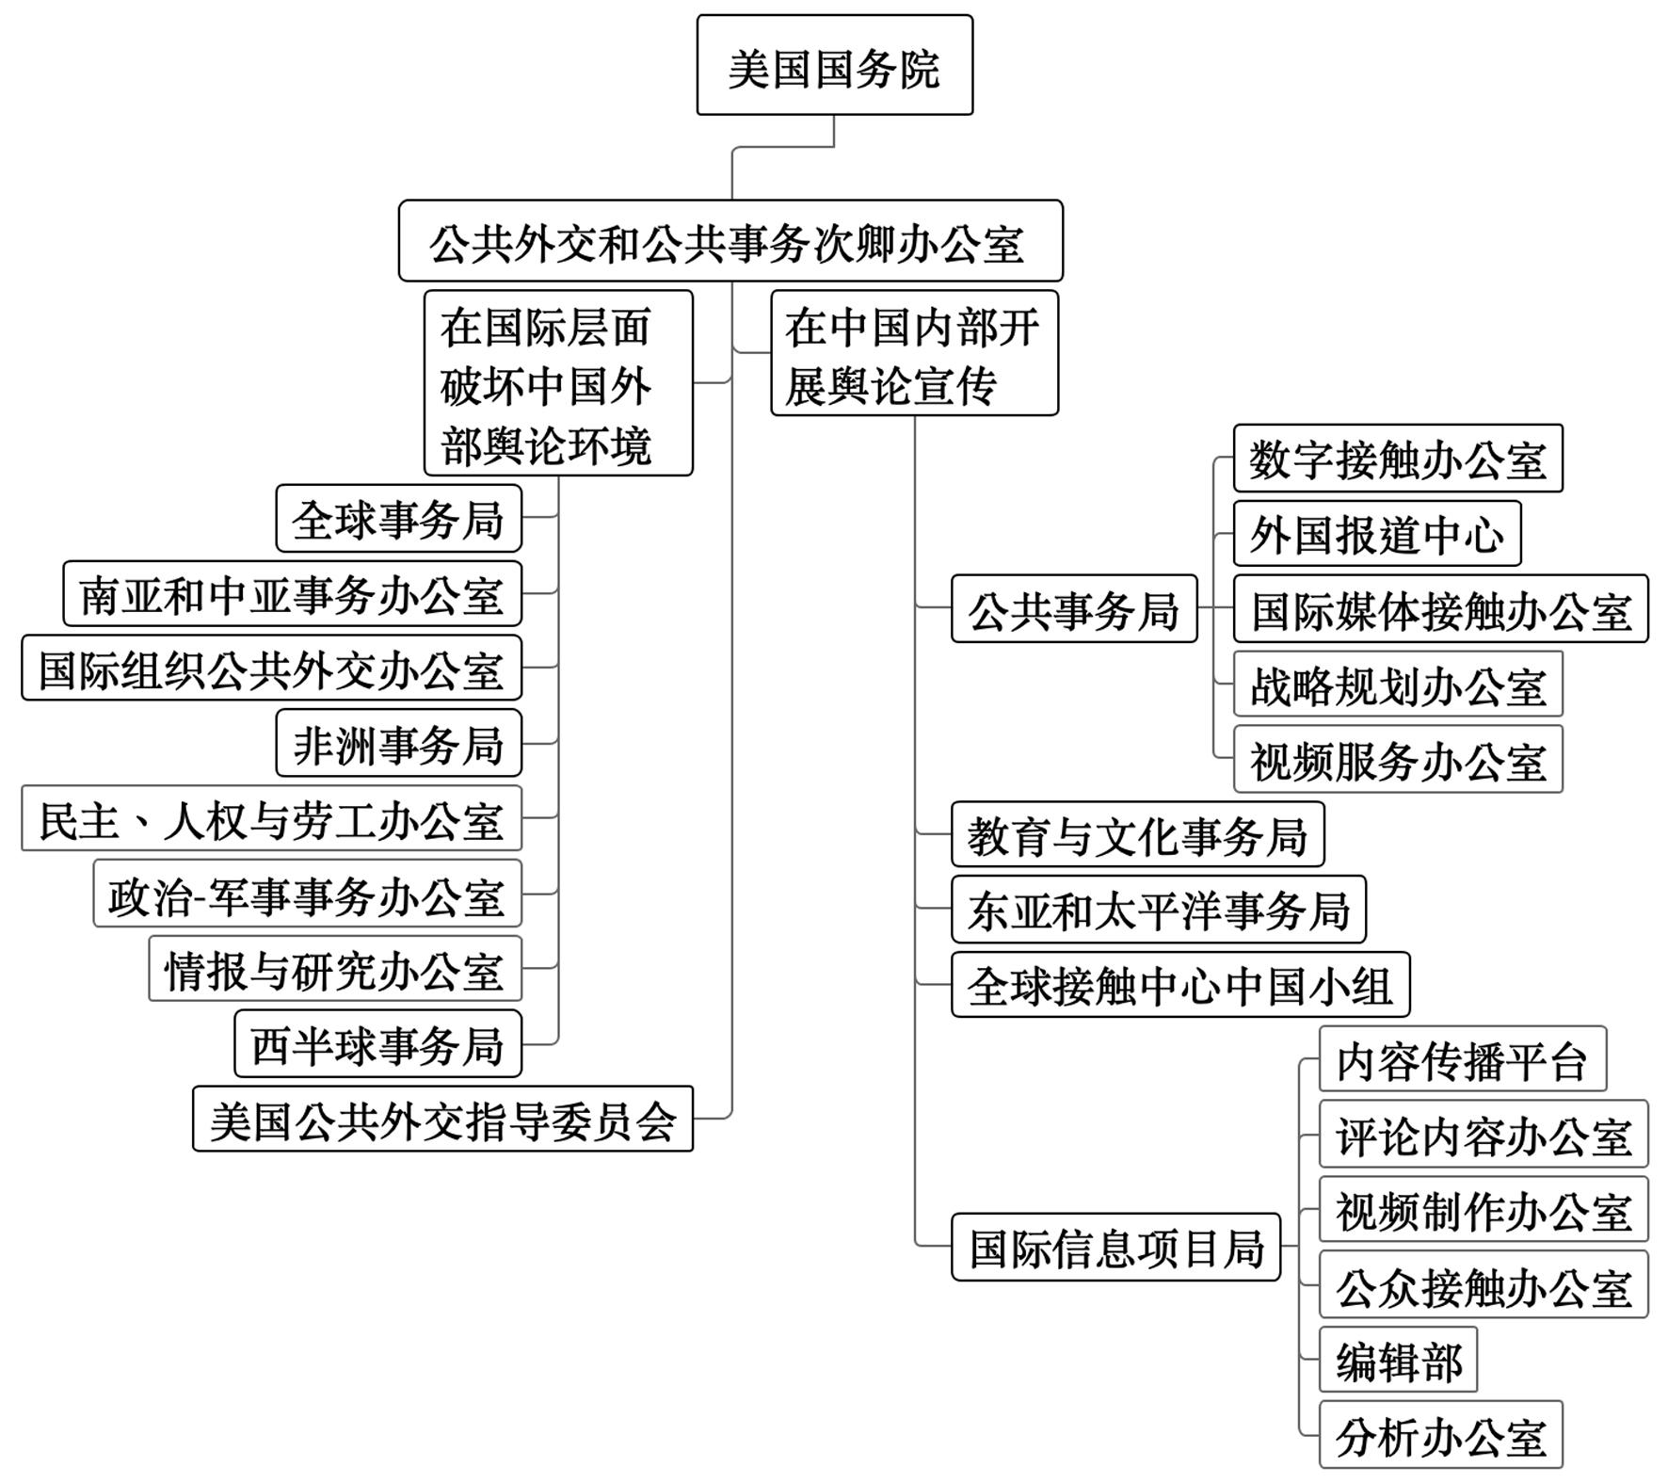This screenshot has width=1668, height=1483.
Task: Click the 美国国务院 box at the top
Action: pos(834,65)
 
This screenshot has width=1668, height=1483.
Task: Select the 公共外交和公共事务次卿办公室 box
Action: pos(730,241)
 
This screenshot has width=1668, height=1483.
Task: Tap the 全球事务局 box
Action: pos(398,518)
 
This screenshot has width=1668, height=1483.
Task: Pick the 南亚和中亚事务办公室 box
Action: pos(292,593)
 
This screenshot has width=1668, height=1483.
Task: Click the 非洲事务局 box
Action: pos(398,743)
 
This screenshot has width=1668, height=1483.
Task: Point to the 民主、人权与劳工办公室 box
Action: pos(271,818)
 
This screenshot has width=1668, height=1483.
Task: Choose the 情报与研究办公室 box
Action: pos(334,968)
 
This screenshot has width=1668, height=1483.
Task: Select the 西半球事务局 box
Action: pos(377,1043)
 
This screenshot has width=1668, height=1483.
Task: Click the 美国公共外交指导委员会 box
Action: pos(442,1119)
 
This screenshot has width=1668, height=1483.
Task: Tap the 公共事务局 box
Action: pos(1074,609)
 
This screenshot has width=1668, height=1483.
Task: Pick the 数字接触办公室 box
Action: pos(1398,459)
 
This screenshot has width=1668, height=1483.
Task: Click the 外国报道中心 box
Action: pos(1377,533)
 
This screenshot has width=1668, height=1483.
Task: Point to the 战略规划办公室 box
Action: pos(1398,685)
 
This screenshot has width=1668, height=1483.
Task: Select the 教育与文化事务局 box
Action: pos(1137,834)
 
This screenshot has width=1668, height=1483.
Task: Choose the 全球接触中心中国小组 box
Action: pos(1180,985)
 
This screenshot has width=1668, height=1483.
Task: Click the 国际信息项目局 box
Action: pos(1115,1248)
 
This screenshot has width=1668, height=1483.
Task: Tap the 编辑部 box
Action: pos(1398,1360)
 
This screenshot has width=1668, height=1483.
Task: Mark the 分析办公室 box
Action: pos(1440,1435)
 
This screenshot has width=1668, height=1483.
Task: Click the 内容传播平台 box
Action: pos(1462,1059)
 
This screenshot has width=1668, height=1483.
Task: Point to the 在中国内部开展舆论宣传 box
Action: pos(914,353)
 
